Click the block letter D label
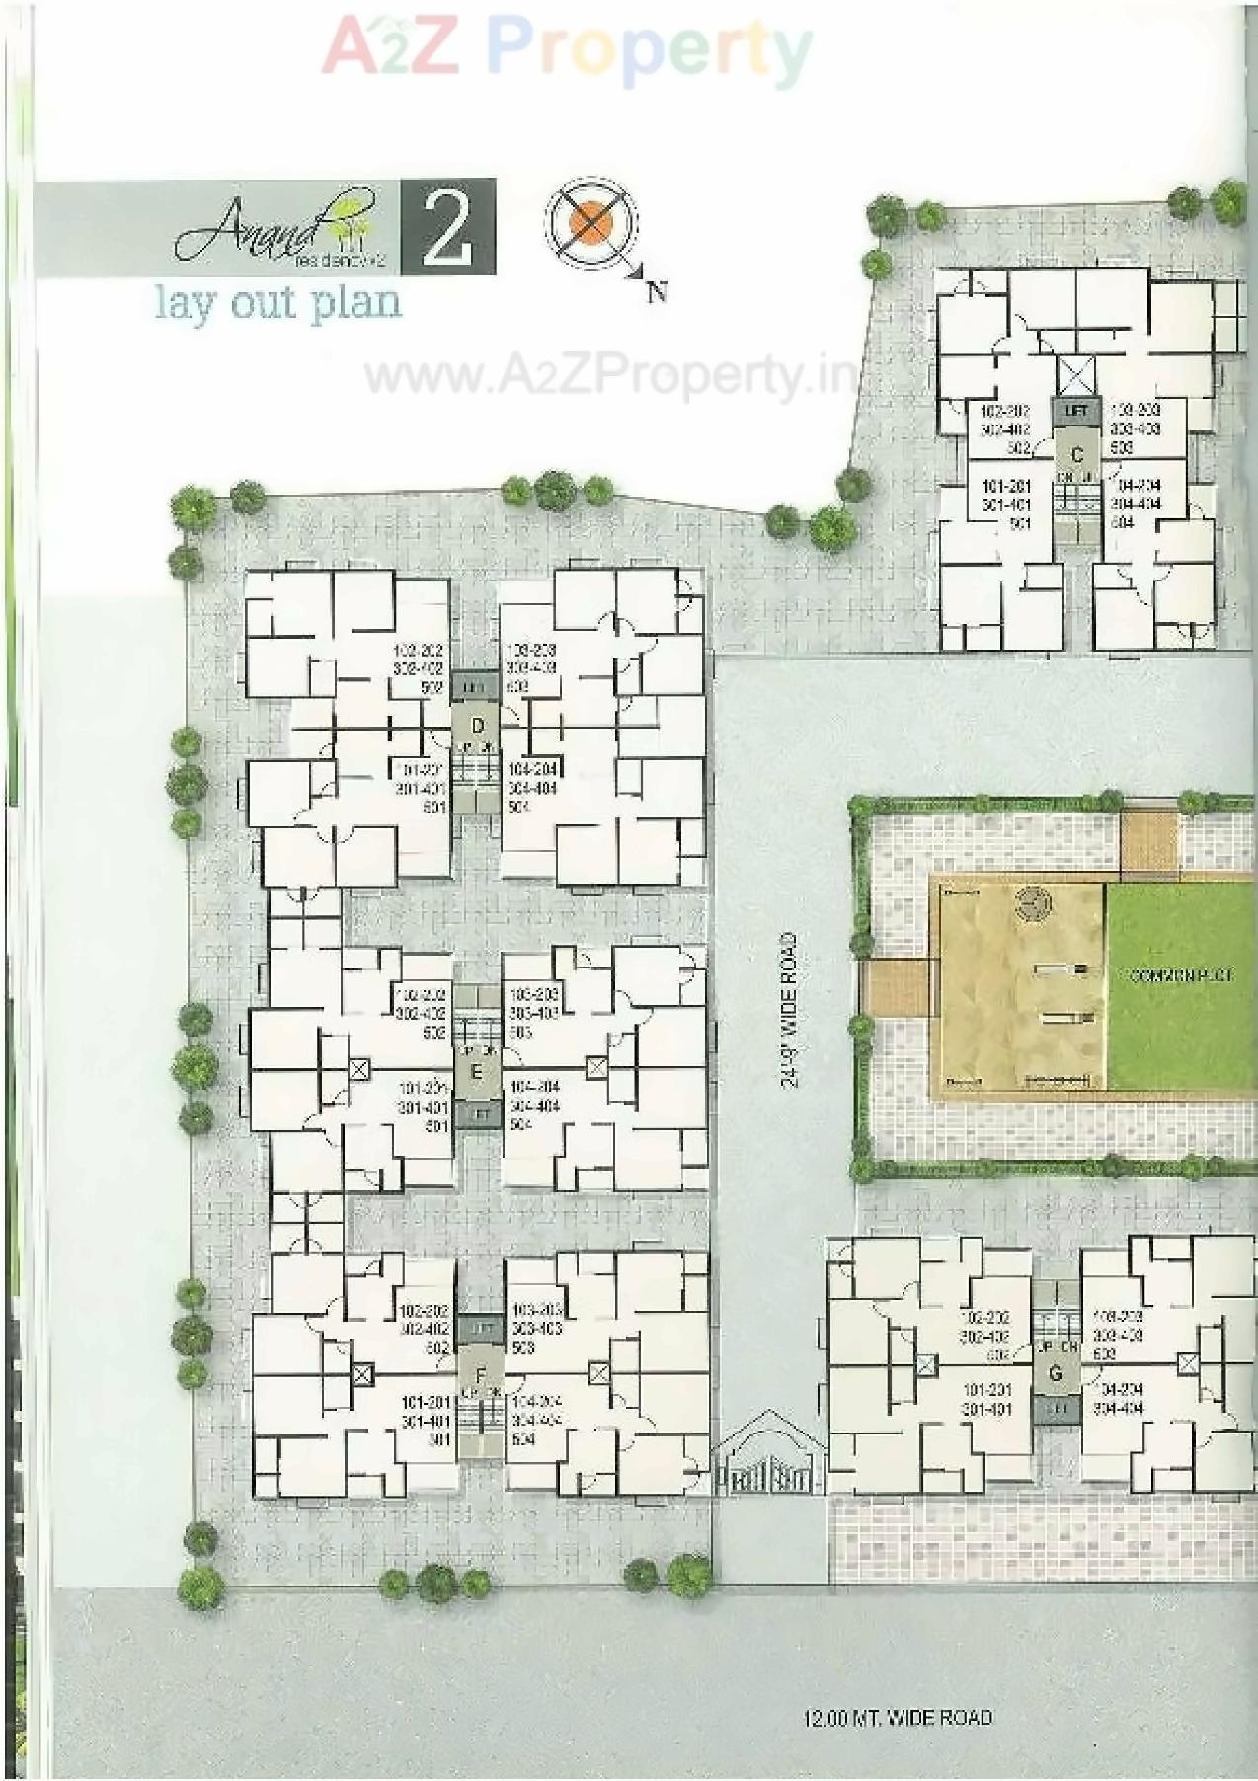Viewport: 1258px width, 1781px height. click(x=478, y=726)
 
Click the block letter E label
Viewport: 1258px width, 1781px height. click(x=477, y=1072)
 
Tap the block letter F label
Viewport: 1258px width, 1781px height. click(x=481, y=1375)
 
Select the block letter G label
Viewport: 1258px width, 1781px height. click(x=1056, y=1373)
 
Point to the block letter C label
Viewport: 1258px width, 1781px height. click(x=1077, y=455)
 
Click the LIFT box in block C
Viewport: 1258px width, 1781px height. click(x=1076, y=409)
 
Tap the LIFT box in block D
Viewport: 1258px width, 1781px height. click(x=476, y=685)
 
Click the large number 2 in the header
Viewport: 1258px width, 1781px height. click(x=447, y=228)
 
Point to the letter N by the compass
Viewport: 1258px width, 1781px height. click(x=656, y=291)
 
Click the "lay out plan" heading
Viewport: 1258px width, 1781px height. click(x=278, y=302)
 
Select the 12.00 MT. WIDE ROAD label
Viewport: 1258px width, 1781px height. click(x=898, y=1719)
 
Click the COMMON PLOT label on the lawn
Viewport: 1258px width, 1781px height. click(x=1181, y=975)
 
